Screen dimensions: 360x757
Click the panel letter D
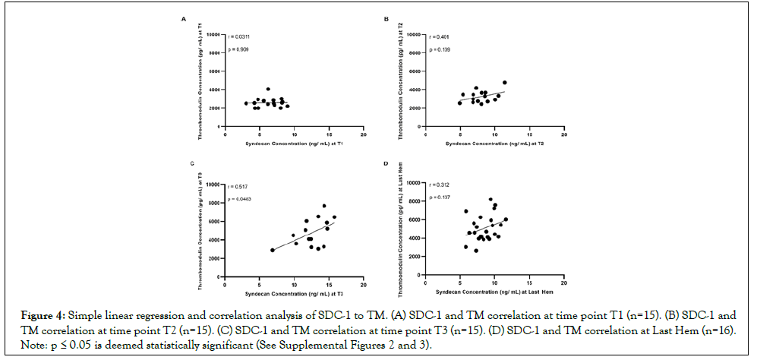pos(386,163)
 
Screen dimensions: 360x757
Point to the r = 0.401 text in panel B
pos(440,36)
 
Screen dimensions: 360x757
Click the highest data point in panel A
pos(268,89)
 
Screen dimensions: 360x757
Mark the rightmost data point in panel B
pos(504,82)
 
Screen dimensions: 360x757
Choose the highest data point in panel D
pos(490,200)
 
